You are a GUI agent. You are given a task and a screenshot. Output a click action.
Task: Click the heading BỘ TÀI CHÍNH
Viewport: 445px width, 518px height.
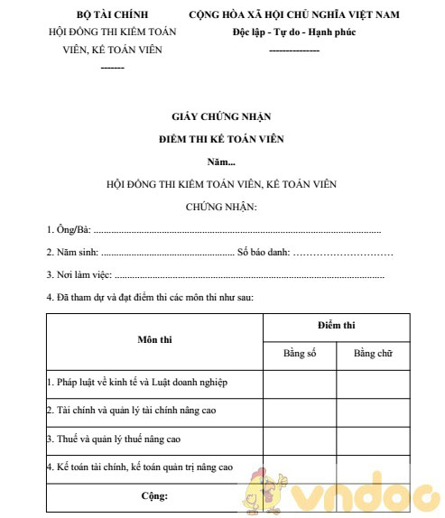coord(113,15)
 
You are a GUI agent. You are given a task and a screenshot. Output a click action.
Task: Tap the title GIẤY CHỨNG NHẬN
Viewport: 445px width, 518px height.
coord(221,116)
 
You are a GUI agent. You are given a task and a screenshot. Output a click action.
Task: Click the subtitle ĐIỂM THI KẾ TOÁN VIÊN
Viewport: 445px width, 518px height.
coord(221,139)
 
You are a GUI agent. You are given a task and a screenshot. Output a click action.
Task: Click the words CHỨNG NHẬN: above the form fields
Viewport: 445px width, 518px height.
coord(221,207)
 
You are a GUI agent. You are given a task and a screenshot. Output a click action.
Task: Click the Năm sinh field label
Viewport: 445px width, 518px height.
coord(73,252)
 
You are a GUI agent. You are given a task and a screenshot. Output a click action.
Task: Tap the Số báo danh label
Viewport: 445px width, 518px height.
coord(263,252)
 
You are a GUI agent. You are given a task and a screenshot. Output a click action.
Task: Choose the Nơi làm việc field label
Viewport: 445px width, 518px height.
coord(79,274)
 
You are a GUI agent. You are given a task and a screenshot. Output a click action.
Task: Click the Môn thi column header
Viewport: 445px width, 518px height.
coord(154,340)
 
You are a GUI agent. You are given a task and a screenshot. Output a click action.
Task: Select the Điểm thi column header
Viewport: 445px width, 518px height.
coord(336,324)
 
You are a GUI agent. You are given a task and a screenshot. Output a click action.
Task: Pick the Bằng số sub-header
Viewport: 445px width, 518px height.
coord(300,352)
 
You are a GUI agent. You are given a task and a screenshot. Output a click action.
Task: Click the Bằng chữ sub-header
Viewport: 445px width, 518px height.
coord(373,352)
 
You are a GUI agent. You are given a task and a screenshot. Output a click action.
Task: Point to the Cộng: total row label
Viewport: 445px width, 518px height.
coord(154,495)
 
